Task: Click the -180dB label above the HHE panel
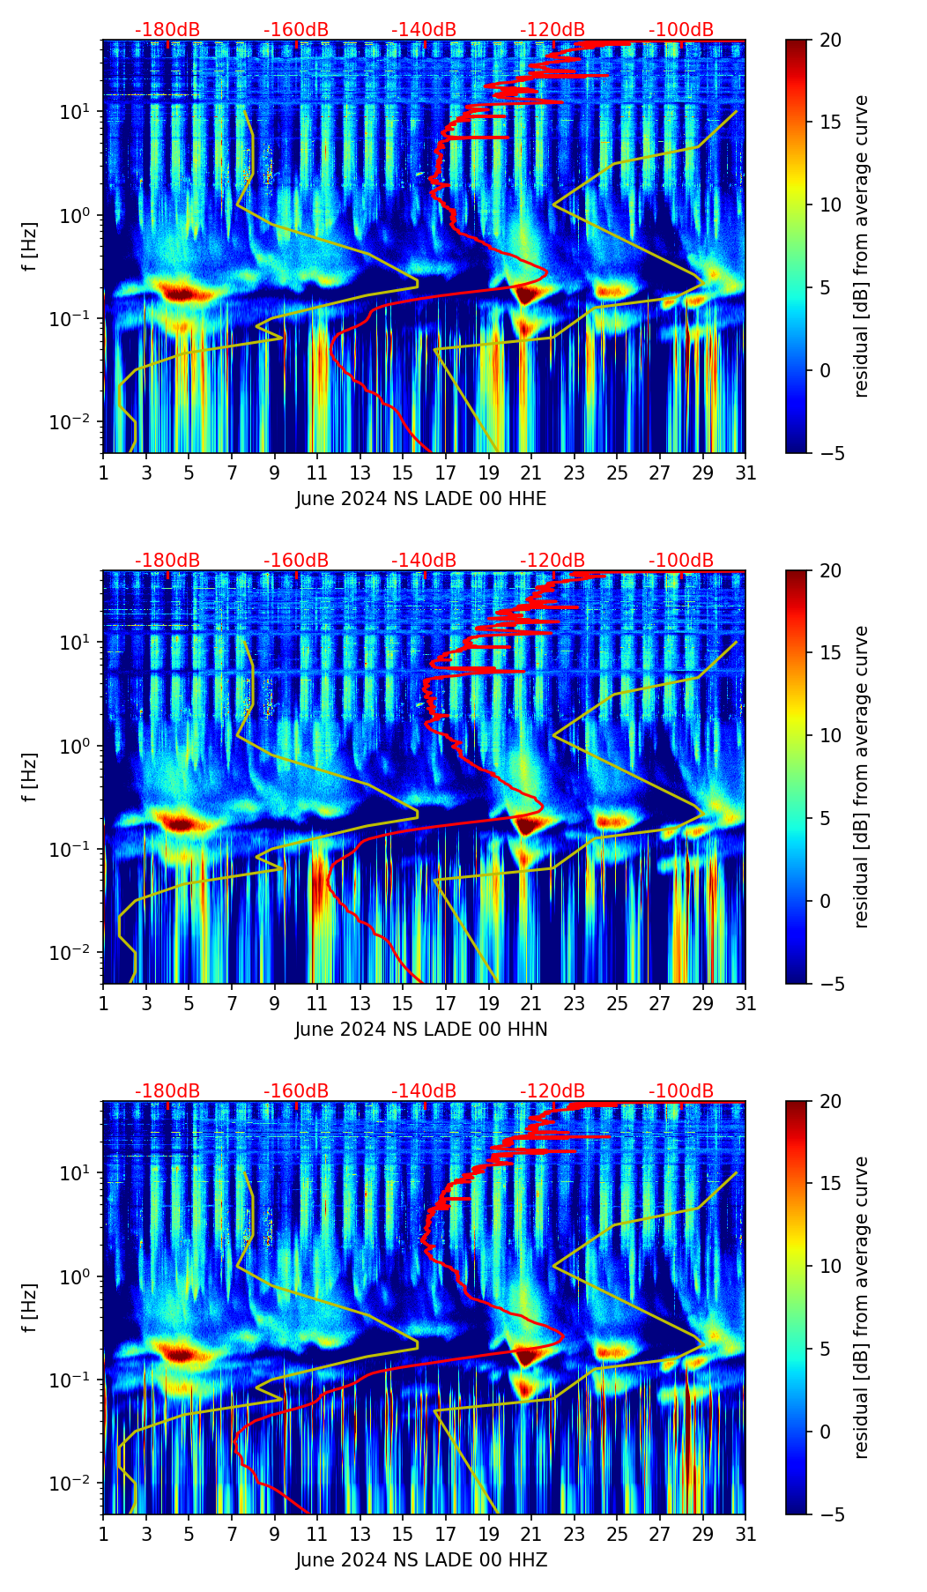coord(167,30)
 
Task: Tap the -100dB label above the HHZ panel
coord(681,1091)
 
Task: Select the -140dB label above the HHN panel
coord(424,561)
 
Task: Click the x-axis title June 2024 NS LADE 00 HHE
coord(421,499)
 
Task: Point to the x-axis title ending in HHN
coord(421,1030)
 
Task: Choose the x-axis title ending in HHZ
coord(421,1560)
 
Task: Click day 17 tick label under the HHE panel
coord(446,472)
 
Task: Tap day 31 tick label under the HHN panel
coord(745,1003)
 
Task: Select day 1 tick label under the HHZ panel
coord(103,1534)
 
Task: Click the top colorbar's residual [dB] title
coord(861,246)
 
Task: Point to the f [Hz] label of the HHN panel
coord(30,777)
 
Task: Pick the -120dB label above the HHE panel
coord(552,30)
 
